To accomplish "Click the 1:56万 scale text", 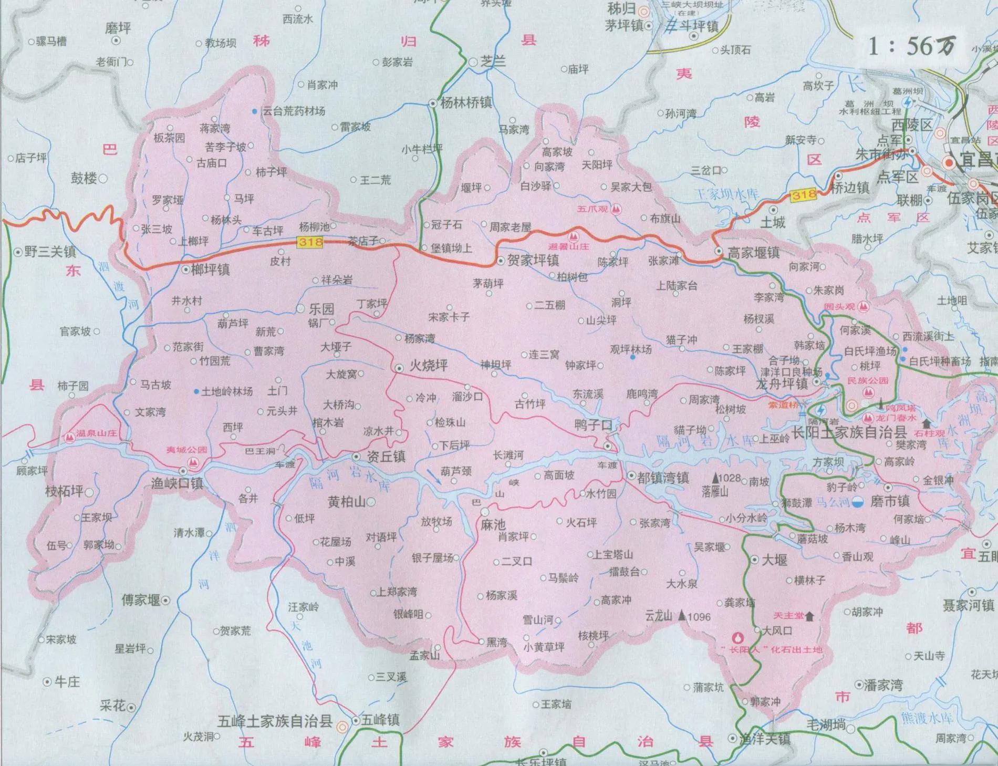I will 911,46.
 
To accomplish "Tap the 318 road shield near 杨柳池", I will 309,242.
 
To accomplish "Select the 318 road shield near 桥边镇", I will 804,195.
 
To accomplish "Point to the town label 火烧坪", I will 429,366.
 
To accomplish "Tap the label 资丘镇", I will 387,457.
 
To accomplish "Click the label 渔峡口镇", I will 177,483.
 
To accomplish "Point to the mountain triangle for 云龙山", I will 682,615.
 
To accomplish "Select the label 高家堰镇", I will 753,253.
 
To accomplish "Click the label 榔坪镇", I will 211,270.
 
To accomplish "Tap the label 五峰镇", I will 380,720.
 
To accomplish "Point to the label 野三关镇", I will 50,252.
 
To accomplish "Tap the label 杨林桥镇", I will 465,103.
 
